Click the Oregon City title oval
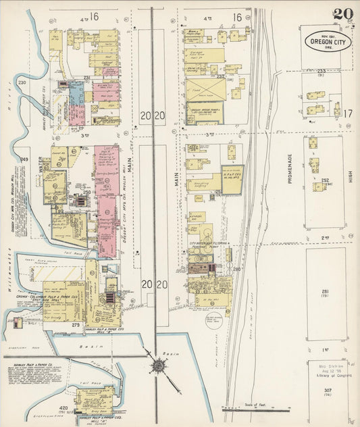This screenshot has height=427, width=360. [326, 40]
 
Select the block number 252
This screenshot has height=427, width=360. [325, 180]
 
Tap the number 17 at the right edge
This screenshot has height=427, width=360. [348, 114]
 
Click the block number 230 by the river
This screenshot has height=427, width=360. [22, 82]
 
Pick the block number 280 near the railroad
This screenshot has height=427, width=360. [237, 269]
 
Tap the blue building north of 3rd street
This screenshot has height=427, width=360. [77, 101]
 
